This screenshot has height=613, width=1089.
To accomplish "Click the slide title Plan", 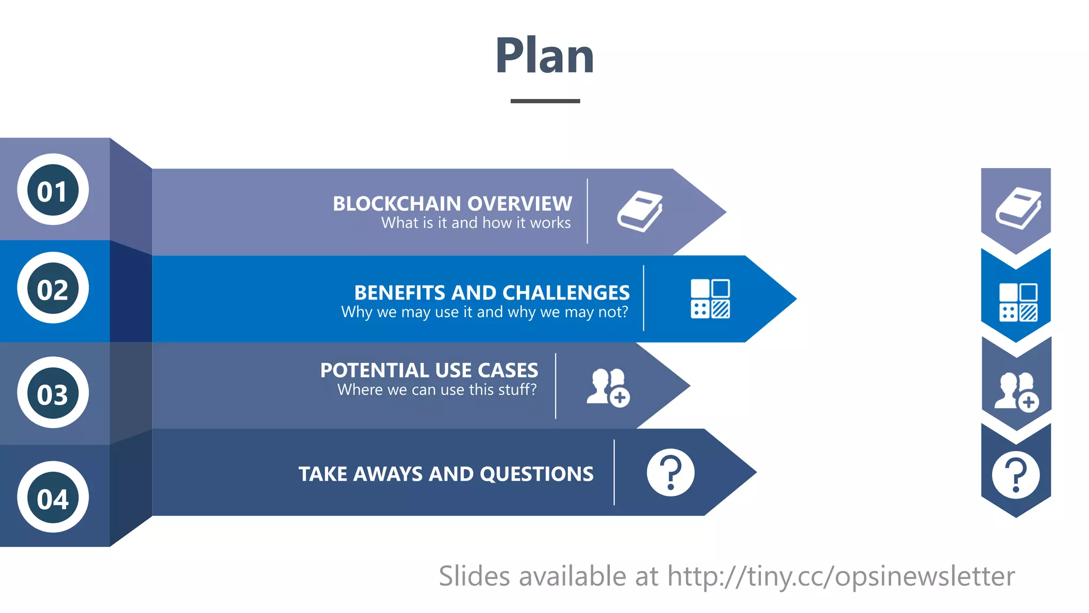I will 544,56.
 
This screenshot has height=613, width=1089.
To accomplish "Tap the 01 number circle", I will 53,190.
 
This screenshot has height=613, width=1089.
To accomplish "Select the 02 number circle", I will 53,288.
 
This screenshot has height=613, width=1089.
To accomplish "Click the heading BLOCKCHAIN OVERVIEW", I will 453,203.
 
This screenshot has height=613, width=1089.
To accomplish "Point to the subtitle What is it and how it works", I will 476,223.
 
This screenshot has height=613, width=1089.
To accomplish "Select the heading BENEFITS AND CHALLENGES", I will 492,293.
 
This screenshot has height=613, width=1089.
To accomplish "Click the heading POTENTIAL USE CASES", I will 429,370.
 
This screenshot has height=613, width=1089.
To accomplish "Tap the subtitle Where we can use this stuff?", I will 437,390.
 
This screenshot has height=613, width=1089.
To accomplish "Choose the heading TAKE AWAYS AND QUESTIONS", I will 446,474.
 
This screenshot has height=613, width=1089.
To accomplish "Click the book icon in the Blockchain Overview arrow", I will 640,211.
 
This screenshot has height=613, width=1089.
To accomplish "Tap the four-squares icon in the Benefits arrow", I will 710,299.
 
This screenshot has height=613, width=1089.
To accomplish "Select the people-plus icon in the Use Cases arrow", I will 608,387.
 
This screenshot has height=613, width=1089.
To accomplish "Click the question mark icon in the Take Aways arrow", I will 671,473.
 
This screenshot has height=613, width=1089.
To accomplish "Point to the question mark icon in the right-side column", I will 1016,475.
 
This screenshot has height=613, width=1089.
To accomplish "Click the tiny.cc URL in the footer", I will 841,576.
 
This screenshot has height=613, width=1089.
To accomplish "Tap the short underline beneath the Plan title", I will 545,101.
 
